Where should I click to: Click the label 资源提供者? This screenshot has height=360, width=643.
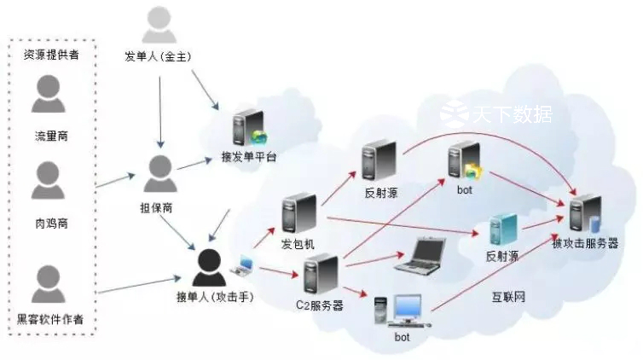pos(49,55)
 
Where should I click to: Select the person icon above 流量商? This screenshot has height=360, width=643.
pos(49,94)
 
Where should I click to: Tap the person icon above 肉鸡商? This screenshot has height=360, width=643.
pos(49,181)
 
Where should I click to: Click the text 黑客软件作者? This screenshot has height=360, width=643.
pos(50,319)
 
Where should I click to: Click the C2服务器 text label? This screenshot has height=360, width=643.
pos(319,305)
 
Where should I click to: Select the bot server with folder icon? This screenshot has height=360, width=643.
pos(464,162)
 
